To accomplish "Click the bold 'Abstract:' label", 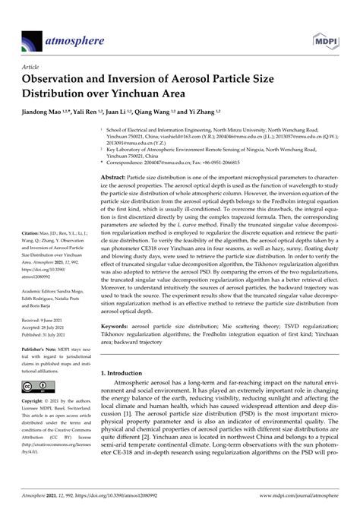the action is click(113, 176).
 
